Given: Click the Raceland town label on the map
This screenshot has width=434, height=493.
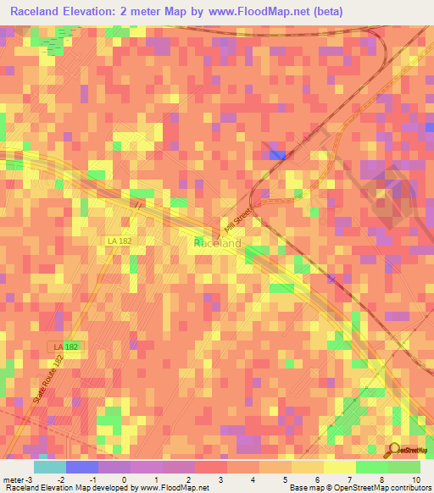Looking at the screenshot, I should [218, 243].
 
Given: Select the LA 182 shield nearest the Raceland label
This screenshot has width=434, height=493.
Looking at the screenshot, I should [120, 241].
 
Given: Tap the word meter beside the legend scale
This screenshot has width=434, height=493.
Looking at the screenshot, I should [12, 479].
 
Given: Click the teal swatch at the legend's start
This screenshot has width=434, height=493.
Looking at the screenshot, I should [49, 466].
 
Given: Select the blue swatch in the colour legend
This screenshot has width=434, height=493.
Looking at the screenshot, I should [81, 466].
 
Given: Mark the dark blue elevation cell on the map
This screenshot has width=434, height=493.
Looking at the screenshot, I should [276, 154].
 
